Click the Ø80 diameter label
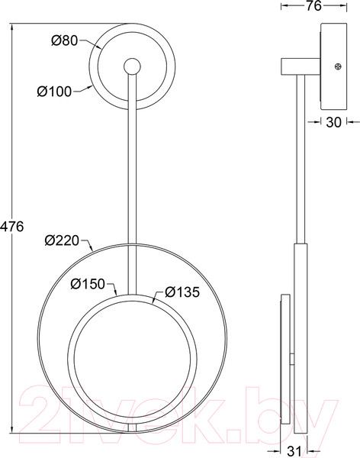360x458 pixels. click(x=65, y=40)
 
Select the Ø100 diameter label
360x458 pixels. click(x=54, y=92)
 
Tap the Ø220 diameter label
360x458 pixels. click(x=62, y=240)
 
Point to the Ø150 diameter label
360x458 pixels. click(x=88, y=284)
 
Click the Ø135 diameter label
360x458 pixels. click(x=182, y=292)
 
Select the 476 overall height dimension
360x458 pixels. click(x=11, y=227)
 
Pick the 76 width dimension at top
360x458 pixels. click(x=313, y=6)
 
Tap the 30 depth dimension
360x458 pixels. click(x=333, y=122)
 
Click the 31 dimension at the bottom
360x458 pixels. click(x=294, y=452)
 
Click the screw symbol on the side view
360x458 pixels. click(x=338, y=66)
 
